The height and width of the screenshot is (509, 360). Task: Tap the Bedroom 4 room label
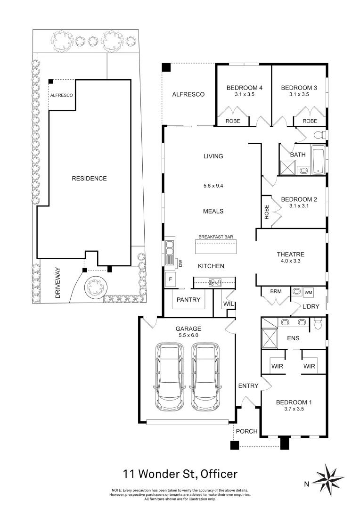[x=245, y=88]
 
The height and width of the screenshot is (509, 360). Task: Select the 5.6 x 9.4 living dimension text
[x=213, y=186]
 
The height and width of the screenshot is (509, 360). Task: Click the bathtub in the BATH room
[x=318, y=160]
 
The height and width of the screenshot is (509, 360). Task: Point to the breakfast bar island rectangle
[x=215, y=246]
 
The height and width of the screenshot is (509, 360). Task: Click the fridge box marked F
[x=170, y=279]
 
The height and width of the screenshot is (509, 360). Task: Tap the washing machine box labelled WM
[x=308, y=293]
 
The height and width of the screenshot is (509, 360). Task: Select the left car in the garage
[x=169, y=377]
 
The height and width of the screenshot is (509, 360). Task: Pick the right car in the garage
[x=206, y=377]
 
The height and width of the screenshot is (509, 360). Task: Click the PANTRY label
[x=188, y=300]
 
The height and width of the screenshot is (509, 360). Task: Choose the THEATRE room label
[x=291, y=254]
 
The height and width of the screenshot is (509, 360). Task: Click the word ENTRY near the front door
[x=248, y=386]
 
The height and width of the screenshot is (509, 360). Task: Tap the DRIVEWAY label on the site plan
[x=58, y=283]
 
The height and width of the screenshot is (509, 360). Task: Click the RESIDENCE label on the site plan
[x=89, y=179]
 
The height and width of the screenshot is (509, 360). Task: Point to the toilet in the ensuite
[x=318, y=323]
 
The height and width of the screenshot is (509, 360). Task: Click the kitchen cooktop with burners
[x=215, y=282]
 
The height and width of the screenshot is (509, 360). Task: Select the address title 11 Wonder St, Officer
[x=180, y=474]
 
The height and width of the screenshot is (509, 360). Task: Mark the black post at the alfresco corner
[x=166, y=67]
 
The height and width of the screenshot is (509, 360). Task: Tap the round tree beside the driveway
[x=96, y=287]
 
